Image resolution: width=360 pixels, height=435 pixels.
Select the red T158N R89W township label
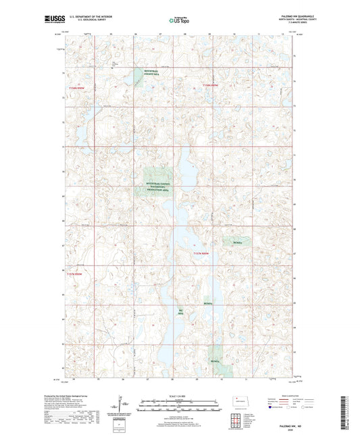pyautogui.click(x=211, y=86)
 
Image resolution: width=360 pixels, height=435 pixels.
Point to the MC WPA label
pyautogui.click(x=180, y=313)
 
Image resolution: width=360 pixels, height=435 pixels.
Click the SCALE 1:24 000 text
pyautogui.click(x=179, y=396)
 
